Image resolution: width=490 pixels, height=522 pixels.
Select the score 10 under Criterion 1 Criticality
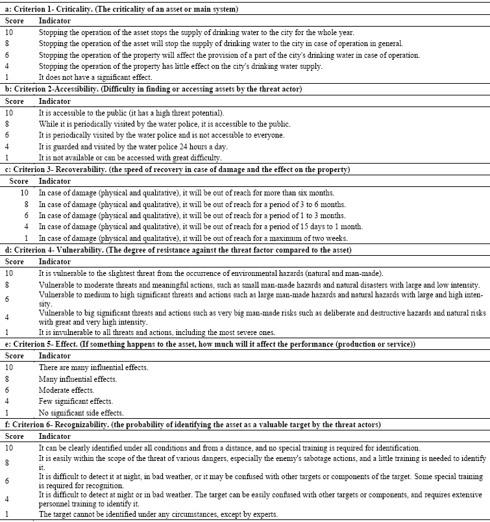9,32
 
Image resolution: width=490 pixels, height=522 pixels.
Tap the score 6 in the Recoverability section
25,216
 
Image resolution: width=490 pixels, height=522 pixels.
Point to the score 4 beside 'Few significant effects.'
7,401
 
